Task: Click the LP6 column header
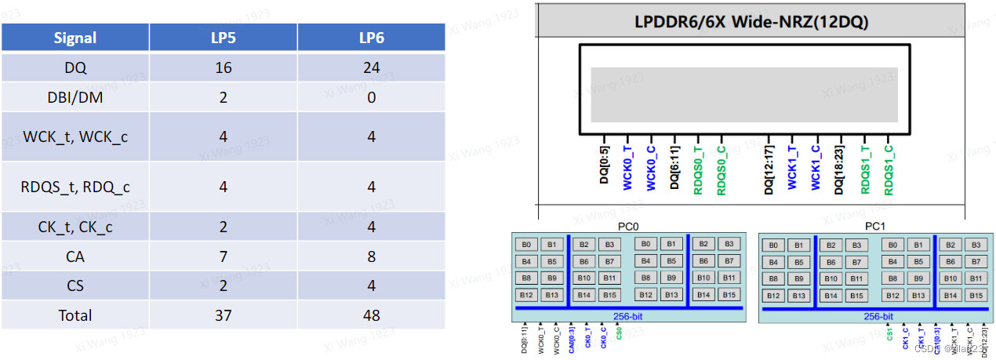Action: pyautogui.click(x=371, y=38)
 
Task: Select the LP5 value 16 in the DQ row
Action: pyautogui.click(x=223, y=68)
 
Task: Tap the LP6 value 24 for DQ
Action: pyautogui.click(x=371, y=68)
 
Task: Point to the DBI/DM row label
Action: pyautogui.click(x=75, y=97)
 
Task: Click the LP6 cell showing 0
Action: pyautogui.click(x=371, y=97)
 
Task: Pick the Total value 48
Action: pyautogui.click(x=371, y=315)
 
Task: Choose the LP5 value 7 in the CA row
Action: pyautogui.click(x=223, y=256)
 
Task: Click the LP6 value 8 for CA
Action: pyautogui.click(x=371, y=256)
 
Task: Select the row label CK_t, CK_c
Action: pyautogui.click(x=75, y=227)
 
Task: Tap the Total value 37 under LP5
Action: pyautogui.click(x=223, y=315)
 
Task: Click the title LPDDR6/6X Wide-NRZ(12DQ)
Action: pyautogui.click(x=751, y=21)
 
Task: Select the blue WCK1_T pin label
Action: pyautogui.click(x=791, y=167)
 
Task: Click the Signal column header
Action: pyautogui.click(x=75, y=38)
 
